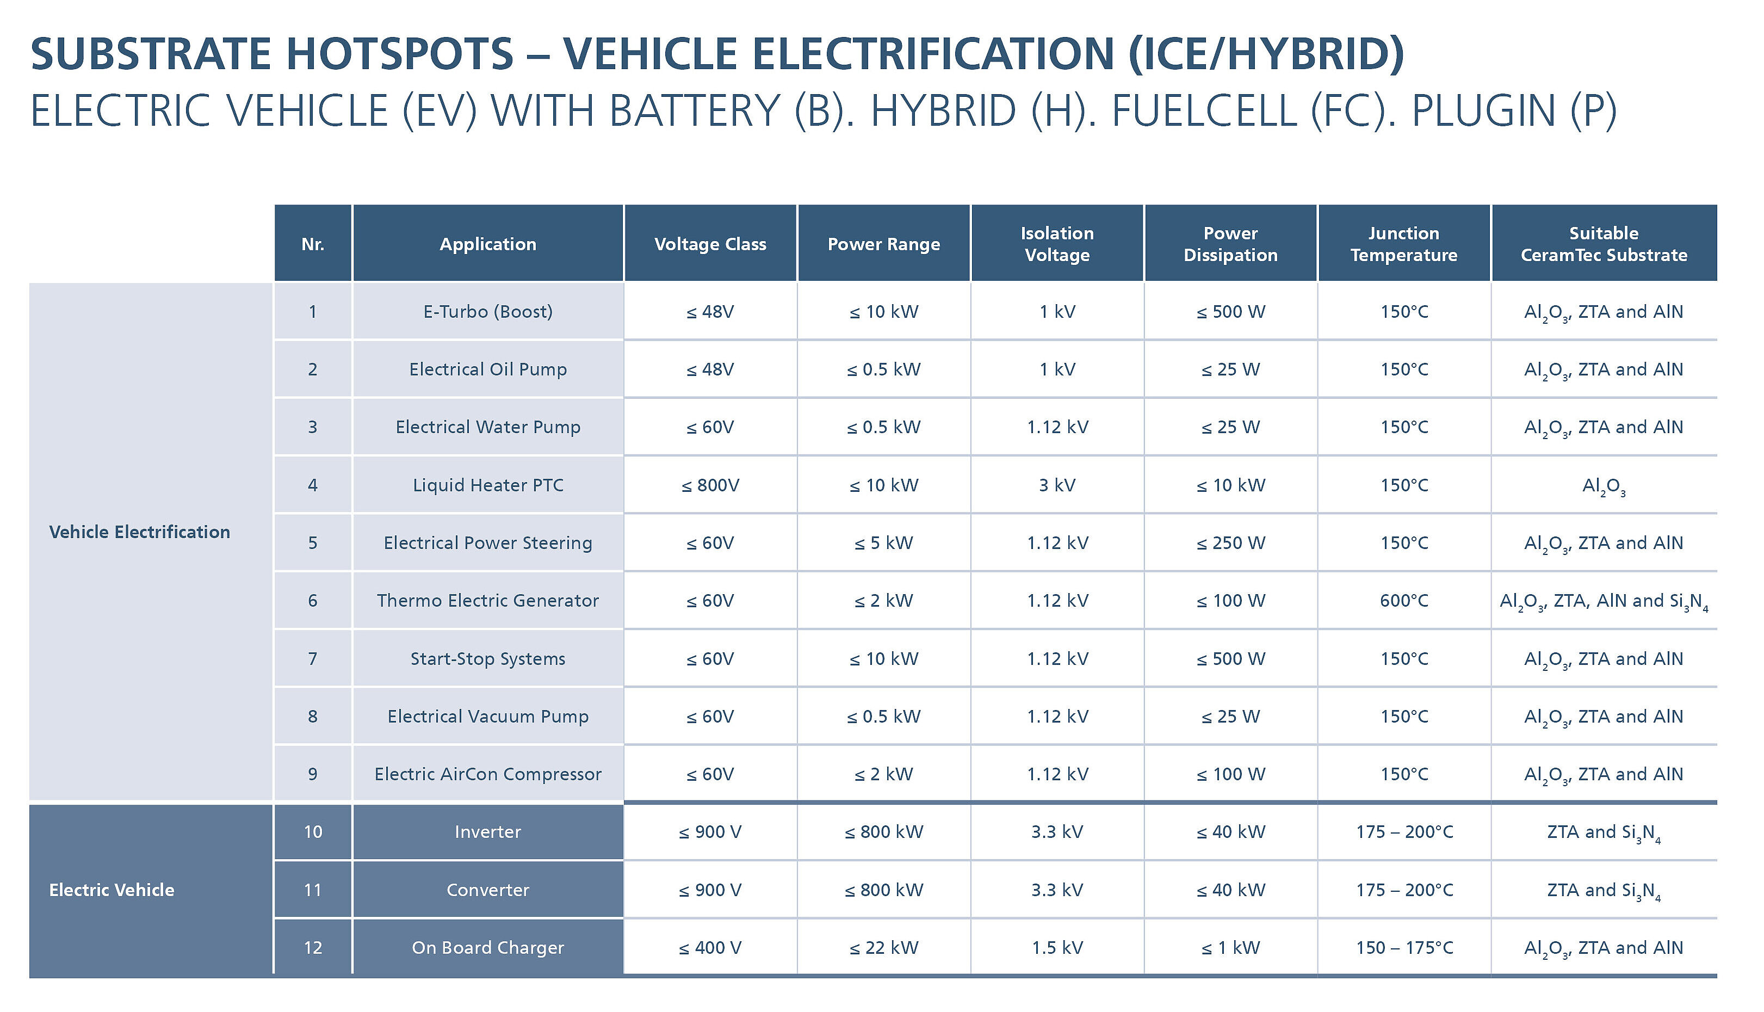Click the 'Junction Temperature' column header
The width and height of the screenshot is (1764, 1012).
(1403, 244)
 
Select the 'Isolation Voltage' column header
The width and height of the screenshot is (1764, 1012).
(1057, 244)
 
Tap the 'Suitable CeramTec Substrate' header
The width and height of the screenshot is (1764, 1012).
(1604, 244)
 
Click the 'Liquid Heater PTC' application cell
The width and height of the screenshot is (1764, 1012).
(488, 485)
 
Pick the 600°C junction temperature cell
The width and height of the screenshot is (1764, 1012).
(1403, 601)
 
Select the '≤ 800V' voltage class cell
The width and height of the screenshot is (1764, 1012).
(710, 485)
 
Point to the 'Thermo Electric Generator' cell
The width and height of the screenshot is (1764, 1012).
(488, 601)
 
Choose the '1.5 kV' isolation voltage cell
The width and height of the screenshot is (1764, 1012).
(1057, 947)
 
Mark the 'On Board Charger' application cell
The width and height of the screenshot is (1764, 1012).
(488, 947)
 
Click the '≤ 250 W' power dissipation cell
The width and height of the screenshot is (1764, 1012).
(1230, 543)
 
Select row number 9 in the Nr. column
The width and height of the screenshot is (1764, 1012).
(313, 774)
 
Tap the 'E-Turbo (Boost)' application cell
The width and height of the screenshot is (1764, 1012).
(488, 311)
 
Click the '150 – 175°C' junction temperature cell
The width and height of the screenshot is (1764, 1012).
(1403, 947)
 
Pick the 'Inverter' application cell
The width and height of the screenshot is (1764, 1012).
(488, 832)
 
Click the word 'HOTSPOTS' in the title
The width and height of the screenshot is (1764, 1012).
(399, 54)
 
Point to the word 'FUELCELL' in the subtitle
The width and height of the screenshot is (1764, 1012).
(1204, 111)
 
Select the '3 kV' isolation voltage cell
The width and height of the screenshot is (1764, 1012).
(1057, 485)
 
